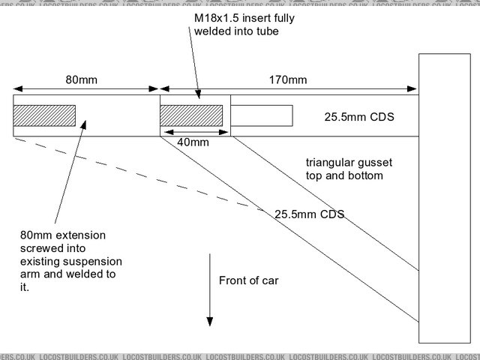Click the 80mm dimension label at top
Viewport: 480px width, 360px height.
pos(80,79)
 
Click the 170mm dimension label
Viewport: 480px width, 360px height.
pos(288,79)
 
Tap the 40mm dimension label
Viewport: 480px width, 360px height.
pos(193,142)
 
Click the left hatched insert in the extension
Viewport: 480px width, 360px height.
pos(44,115)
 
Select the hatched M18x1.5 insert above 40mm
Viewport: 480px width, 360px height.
pos(192,115)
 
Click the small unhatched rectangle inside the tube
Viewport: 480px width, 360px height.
pos(261,115)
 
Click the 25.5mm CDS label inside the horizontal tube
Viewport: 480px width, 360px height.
pos(358,118)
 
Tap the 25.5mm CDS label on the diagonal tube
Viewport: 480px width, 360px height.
pos(309,214)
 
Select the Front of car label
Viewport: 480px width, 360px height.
pos(249,281)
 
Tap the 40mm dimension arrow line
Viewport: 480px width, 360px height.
pos(193,130)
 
